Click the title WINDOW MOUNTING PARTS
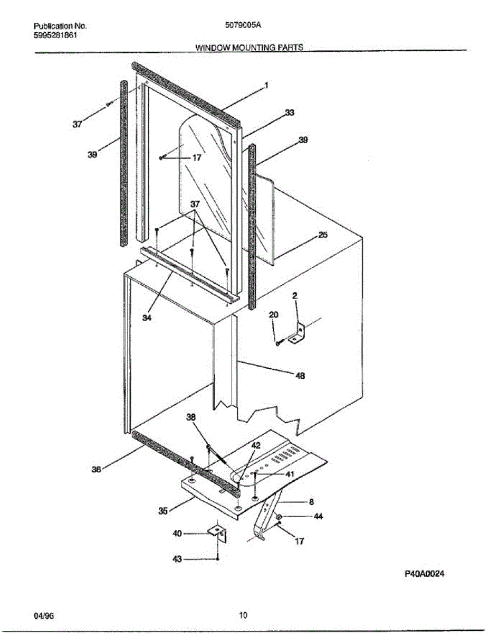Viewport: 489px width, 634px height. click(x=249, y=47)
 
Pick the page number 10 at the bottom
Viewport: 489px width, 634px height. click(x=243, y=615)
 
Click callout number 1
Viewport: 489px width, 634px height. click(x=267, y=85)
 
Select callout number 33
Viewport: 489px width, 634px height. click(x=290, y=113)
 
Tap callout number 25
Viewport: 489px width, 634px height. click(x=323, y=236)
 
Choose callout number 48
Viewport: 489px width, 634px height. click(x=301, y=376)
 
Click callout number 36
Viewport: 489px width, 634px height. click(x=96, y=469)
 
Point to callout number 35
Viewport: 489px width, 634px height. click(x=163, y=511)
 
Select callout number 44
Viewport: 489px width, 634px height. click(x=318, y=517)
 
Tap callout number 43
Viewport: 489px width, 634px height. click(x=178, y=559)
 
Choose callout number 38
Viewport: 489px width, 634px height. click(x=190, y=417)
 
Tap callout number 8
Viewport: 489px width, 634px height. click(x=311, y=502)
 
